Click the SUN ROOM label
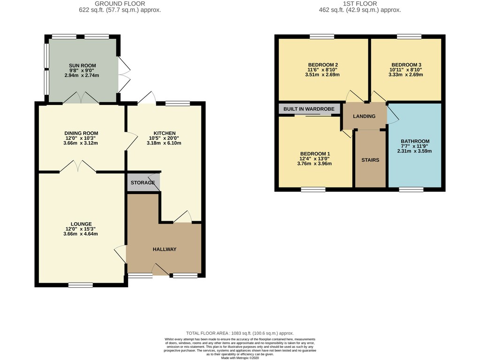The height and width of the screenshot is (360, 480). tap(83, 66)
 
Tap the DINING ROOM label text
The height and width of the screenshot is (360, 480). tap(81, 133)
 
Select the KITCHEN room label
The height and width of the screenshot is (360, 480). tap(164, 133)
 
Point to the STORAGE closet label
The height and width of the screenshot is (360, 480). tap(143, 183)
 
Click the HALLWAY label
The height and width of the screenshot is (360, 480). tap(164, 249)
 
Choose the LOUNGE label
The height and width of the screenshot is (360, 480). tap(81, 224)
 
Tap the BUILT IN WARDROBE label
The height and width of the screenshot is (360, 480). tap(309, 109)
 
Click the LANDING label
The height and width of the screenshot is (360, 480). tap(364, 116)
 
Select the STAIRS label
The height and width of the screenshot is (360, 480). tap(370, 160)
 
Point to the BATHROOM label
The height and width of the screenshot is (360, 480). tap(415, 141)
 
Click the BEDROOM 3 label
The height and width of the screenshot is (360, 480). tap(406, 65)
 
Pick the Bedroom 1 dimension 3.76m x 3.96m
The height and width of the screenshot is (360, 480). tap(314, 164)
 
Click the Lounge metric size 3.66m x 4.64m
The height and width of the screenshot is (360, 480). tap(81, 234)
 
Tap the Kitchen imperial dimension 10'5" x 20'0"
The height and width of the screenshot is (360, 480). tap(164, 138)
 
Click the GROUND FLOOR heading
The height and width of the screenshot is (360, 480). tap(120, 4)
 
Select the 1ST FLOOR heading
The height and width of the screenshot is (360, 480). tap(360, 4)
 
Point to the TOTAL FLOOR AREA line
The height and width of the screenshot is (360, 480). tap(240, 333)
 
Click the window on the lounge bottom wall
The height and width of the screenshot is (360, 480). tap(81, 285)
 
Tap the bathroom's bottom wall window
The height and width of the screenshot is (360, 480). tap(411, 190)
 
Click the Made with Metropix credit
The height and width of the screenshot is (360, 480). tap(240, 358)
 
